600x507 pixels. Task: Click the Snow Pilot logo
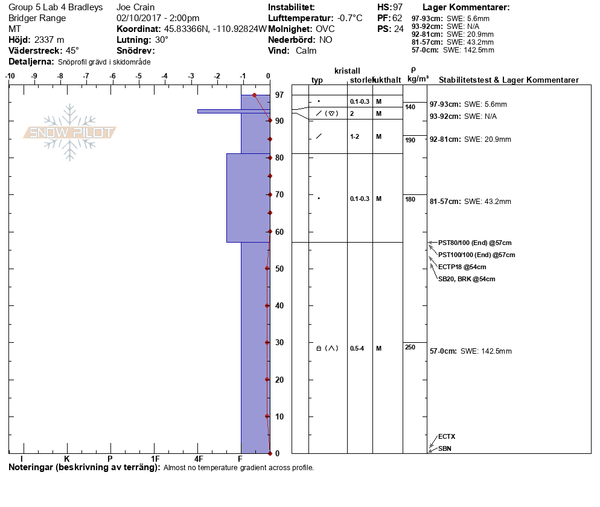click(x=70, y=132)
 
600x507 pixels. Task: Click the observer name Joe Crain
click(x=136, y=7)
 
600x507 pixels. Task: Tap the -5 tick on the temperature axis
click(x=139, y=76)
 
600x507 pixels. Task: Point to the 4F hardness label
click(x=197, y=459)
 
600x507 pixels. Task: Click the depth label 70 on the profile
click(x=279, y=194)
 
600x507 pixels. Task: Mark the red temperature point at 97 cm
click(x=254, y=95)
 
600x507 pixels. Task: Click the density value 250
click(x=410, y=347)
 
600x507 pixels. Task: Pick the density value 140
click(x=410, y=107)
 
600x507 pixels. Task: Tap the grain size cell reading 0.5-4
click(x=357, y=348)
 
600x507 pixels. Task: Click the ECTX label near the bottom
click(x=447, y=436)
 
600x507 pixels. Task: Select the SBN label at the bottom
click(x=445, y=448)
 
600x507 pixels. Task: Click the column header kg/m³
click(x=418, y=79)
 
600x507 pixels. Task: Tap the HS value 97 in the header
click(x=398, y=7)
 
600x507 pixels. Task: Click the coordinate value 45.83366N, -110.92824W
click(x=215, y=29)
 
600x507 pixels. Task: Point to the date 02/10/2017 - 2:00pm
click(x=158, y=18)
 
